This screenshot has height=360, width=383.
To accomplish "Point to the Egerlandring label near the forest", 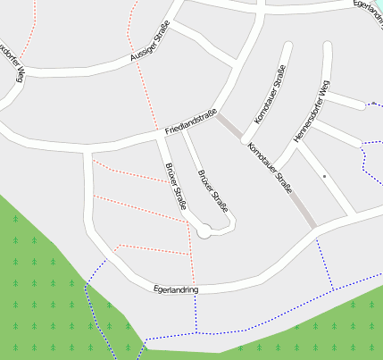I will [x=176, y=289].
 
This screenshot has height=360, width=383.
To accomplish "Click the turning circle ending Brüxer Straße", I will [x=204, y=232].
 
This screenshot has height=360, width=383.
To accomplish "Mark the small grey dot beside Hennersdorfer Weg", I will [x=324, y=177].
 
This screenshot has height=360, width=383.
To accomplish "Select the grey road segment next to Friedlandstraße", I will [x=230, y=127].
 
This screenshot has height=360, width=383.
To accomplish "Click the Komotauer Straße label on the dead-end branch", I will [x=269, y=95].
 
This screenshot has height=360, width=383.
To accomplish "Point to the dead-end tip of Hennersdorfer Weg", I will [x=328, y=46].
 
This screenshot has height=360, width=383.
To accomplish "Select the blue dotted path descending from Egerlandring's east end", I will [x=326, y=264].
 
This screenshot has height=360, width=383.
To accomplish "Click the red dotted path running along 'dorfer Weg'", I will [x=31, y=36].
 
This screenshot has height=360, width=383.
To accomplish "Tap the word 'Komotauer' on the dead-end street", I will [x=263, y=105].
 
